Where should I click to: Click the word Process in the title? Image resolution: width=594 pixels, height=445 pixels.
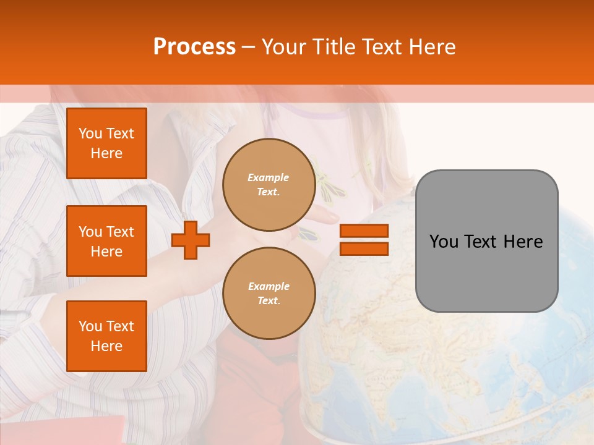tap(194, 47)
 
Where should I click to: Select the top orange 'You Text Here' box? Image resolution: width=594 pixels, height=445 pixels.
tap(106, 143)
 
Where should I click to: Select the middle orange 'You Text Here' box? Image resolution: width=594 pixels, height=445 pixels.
tap(106, 241)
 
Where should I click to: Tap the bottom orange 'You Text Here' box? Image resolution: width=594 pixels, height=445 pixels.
tap(106, 336)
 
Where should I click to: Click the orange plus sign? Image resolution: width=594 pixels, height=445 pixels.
tap(191, 240)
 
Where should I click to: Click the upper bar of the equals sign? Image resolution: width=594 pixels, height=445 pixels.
tap(364, 231)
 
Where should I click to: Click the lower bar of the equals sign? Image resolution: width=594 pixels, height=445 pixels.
tap(364, 249)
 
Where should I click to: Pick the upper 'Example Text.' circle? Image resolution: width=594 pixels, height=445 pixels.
tap(269, 185)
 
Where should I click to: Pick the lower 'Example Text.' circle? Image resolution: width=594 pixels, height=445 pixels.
tap(269, 294)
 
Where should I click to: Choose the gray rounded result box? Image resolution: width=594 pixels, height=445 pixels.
tap(486, 241)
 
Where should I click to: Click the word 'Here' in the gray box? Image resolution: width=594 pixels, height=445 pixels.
tap(523, 242)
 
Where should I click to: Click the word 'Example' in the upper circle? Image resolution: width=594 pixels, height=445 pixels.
tap(269, 177)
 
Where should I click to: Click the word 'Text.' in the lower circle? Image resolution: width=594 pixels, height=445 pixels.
tap(269, 301)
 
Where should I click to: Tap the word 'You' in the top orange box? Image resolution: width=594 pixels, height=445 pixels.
tap(90, 133)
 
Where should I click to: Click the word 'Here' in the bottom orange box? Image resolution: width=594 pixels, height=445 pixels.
tap(106, 346)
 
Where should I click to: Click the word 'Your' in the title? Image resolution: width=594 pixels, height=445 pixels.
tap(285, 47)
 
